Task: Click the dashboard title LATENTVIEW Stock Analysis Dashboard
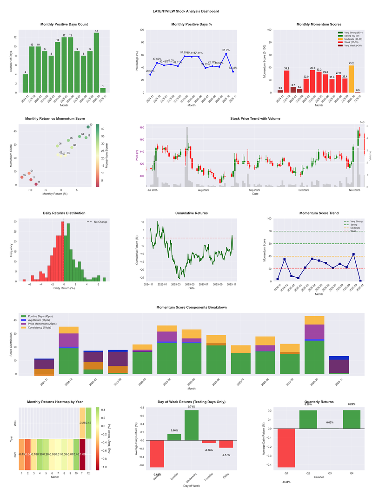[x=186, y=11]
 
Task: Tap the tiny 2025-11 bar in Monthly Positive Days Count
[x=103, y=90]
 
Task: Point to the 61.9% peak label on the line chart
[x=226, y=50]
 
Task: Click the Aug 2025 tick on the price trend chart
[x=203, y=190]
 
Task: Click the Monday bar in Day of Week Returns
[x=157, y=453]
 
